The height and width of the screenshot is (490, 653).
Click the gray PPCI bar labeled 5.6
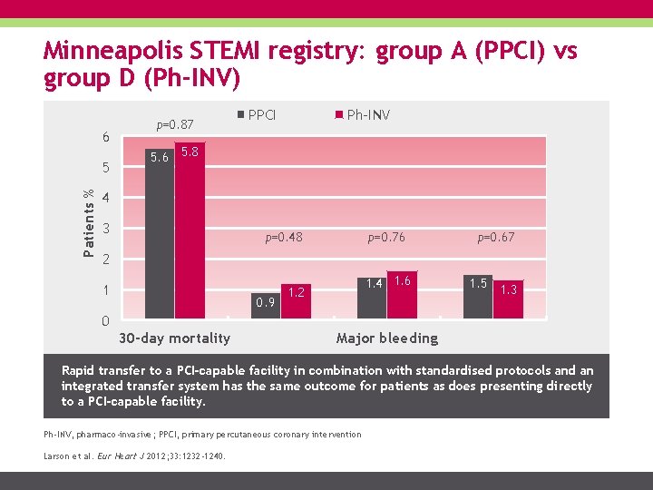(160, 240)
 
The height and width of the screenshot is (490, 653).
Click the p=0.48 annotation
(283, 238)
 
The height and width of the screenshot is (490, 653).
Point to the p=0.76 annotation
(386, 238)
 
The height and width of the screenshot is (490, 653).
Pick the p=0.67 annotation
(496, 238)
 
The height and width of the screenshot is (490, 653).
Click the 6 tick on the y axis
(106, 138)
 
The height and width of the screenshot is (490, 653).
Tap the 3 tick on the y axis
(106, 229)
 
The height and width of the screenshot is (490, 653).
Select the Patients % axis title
(88, 220)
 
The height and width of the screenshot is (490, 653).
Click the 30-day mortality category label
(174, 338)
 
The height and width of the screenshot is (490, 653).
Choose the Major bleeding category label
(386, 338)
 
